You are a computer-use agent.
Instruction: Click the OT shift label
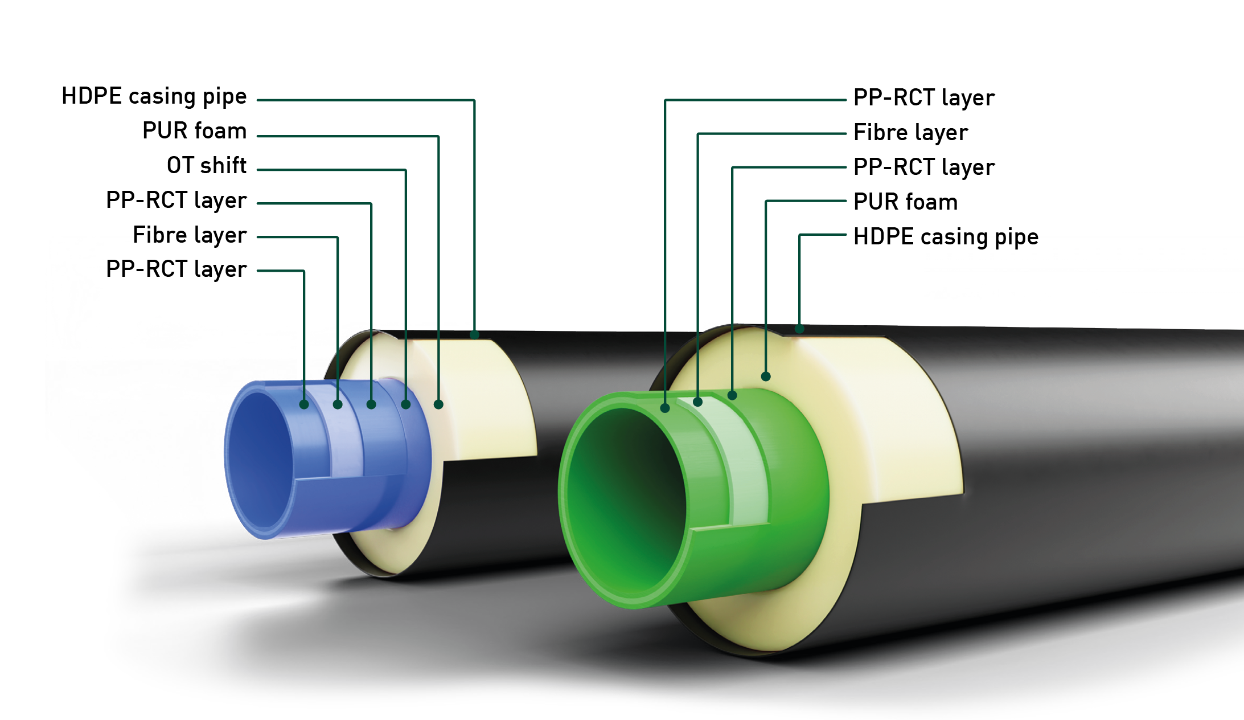coord(207,166)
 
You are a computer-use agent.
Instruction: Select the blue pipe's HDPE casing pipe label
coord(154,96)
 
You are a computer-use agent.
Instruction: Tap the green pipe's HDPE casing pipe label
coord(946,236)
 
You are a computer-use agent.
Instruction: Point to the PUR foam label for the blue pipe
coord(194,131)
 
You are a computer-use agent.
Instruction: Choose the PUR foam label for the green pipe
coord(905,202)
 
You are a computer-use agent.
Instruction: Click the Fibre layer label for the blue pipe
coord(190,235)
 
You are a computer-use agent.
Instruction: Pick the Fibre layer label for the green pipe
coord(910,133)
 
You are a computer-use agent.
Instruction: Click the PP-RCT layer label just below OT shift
coord(176,201)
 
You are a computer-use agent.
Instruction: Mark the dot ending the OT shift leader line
coord(406,404)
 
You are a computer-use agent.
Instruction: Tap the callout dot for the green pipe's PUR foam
coord(766,377)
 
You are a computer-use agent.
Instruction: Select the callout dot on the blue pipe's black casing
coord(474,335)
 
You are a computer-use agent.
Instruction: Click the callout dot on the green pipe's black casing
coord(799,329)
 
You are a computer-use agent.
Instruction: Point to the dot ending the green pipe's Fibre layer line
coord(698,402)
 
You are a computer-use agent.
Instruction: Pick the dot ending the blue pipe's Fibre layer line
coord(338,404)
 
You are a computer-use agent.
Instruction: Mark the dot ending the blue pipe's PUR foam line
coord(438,404)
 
